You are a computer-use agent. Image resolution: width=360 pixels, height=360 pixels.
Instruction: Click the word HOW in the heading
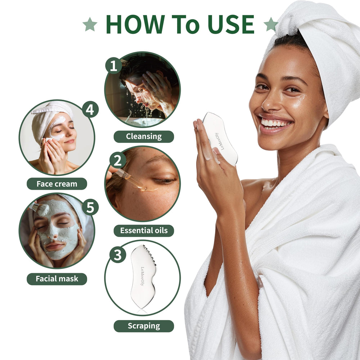point(135,24)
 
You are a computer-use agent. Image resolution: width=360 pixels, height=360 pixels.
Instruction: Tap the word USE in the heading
point(231,24)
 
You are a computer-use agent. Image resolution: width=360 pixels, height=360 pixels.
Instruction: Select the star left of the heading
point(90,24)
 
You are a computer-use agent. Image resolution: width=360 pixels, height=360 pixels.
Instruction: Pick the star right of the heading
point(271,24)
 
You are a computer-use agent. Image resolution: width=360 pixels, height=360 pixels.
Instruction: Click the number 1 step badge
point(114,66)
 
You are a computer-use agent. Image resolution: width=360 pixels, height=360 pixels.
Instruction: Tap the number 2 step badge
point(118,160)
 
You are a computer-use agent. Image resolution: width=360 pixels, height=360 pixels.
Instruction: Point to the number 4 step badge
point(90,109)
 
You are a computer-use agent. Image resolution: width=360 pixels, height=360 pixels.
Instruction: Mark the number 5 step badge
point(90,207)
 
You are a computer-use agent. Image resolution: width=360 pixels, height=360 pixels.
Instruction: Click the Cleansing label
point(144,136)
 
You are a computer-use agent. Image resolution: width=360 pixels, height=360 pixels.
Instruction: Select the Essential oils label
point(144,231)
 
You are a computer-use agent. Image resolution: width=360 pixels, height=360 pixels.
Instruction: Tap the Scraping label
point(144,326)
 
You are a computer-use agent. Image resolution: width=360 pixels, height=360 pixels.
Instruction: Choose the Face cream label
point(57,184)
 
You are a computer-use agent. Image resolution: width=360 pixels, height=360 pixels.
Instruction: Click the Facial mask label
point(57,279)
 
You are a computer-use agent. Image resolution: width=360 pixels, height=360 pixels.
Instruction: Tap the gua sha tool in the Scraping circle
point(143,276)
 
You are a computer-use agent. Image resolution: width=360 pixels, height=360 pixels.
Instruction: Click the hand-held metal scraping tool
point(220,139)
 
